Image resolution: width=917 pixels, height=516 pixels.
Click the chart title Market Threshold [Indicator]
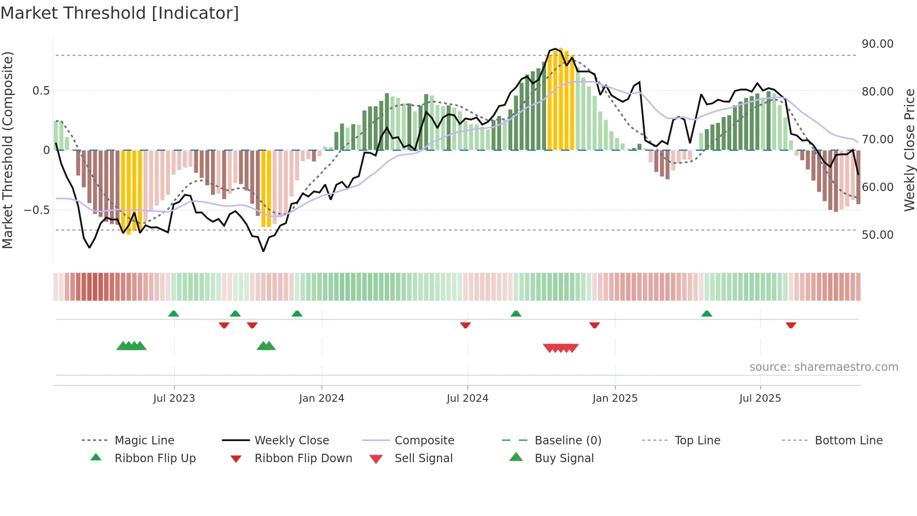click(120, 13)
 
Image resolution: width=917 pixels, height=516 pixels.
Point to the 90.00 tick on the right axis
click(877, 44)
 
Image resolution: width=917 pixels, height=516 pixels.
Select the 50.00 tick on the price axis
click(877, 235)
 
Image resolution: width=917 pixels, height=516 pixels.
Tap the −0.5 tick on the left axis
click(37, 210)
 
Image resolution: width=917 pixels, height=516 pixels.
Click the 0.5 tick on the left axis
click(41, 91)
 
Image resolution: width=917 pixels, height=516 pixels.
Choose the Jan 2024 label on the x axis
click(321, 398)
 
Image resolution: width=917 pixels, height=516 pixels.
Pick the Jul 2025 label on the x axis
click(760, 398)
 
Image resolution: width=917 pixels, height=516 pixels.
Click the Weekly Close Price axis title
click(909, 150)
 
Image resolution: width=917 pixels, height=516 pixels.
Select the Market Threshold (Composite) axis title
click(7, 150)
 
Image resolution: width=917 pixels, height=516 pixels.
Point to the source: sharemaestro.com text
click(823, 367)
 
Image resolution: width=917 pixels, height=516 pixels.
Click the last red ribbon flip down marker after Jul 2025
click(791, 325)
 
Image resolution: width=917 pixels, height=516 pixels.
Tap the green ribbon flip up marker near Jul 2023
click(174, 314)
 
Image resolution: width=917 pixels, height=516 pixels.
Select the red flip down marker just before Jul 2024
click(465, 325)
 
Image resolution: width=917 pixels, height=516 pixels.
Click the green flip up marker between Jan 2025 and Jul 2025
click(706, 314)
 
